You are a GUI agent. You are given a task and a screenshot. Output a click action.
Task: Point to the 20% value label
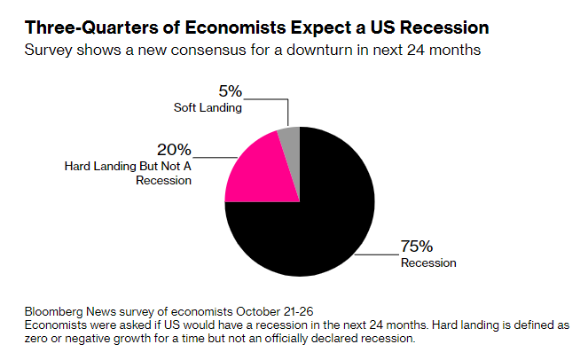point(173,149)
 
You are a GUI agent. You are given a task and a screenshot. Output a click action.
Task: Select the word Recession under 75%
point(429,262)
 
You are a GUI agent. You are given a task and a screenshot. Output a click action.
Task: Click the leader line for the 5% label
point(288,111)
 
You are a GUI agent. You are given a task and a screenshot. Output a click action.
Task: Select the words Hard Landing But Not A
point(128,166)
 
